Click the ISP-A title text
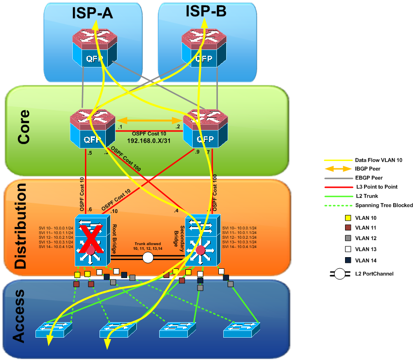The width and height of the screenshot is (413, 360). coord(93,13)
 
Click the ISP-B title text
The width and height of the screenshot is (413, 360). coord(206,12)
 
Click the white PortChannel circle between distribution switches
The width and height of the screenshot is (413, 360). coord(148,258)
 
